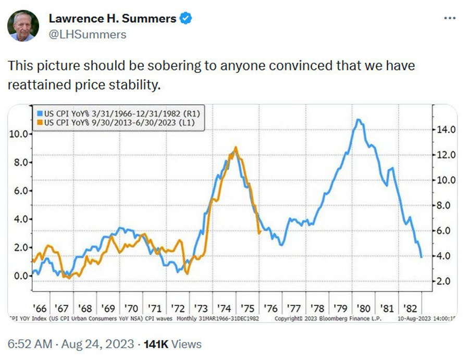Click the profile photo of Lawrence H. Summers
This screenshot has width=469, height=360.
coord(23,26)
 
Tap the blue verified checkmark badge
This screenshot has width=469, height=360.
coord(186,19)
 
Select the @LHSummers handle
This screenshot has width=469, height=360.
coord(88,34)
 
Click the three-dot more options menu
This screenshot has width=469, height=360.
coord(449,18)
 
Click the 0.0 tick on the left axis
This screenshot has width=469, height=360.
coord(20,276)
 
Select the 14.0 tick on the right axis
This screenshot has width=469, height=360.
coord(446,130)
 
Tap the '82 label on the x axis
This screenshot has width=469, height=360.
coord(410,308)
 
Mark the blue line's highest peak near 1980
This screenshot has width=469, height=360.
coord(357,120)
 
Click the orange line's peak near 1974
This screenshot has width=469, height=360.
coord(236,148)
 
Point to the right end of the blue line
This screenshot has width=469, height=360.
coord(421,256)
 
